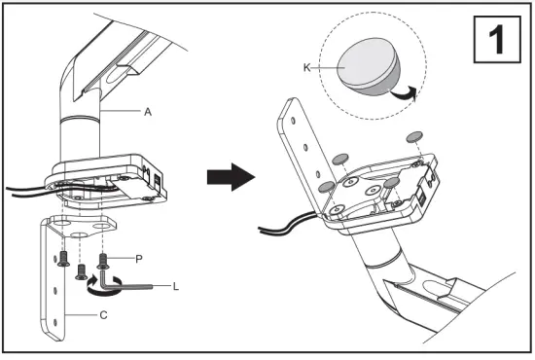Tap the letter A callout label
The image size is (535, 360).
tap(148, 112)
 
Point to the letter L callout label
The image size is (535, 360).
tap(176, 287)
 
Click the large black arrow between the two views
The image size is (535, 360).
tap(231, 178)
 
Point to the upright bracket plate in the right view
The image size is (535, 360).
tap(298, 146)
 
